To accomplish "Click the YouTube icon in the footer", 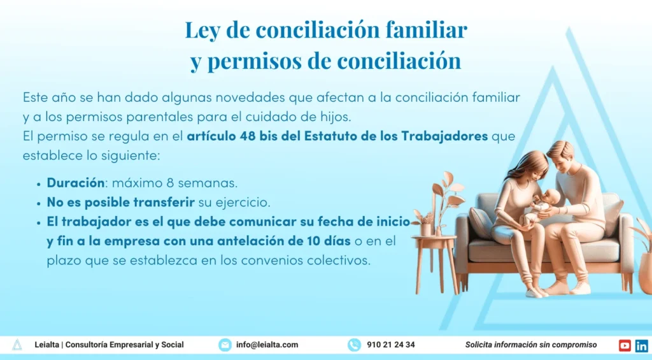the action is [x=625, y=345].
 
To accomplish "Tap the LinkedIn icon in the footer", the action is [x=641, y=345].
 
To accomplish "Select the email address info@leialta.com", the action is [x=267, y=345].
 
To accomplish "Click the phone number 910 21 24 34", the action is [x=391, y=345].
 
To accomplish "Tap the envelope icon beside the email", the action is [x=225, y=345].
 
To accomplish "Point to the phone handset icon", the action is [x=354, y=345].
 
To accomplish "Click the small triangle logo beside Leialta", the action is [x=17, y=345].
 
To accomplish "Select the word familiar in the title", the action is [x=426, y=31].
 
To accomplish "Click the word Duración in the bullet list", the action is [x=76, y=182].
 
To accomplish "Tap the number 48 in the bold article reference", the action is [x=248, y=136].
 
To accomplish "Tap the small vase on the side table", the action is [x=426, y=229].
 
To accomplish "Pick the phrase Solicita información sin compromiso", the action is [x=531, y=345].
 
